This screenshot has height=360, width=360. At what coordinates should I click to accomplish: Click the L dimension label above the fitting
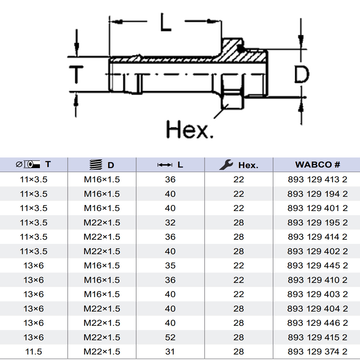pyautogui.click(x=166, y=22)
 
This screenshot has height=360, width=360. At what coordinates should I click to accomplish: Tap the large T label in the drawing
pyautogui.click(x=76, y=75)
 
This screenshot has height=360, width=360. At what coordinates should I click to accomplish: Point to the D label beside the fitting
pyautogui.click(x=302, y=74)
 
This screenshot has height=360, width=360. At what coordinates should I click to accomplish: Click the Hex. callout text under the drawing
pyautogui.click(x=190, y=130)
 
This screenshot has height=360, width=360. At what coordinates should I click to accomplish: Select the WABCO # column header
pyautogui.click(x=318, y=165)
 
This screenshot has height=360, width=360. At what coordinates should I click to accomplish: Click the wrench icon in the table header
pyautogui.click(x=226, y=165)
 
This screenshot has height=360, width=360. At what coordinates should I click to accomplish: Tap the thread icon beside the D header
pyautogui.click(x=96, y=165)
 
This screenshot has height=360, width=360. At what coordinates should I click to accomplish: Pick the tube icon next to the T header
pyautogui.click(x=28, y=165)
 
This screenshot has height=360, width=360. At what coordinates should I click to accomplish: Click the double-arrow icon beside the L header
pyautogui.click(x=165, y=165)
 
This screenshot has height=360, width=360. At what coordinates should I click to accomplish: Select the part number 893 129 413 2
pyautogui.click(x=318, y=179)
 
